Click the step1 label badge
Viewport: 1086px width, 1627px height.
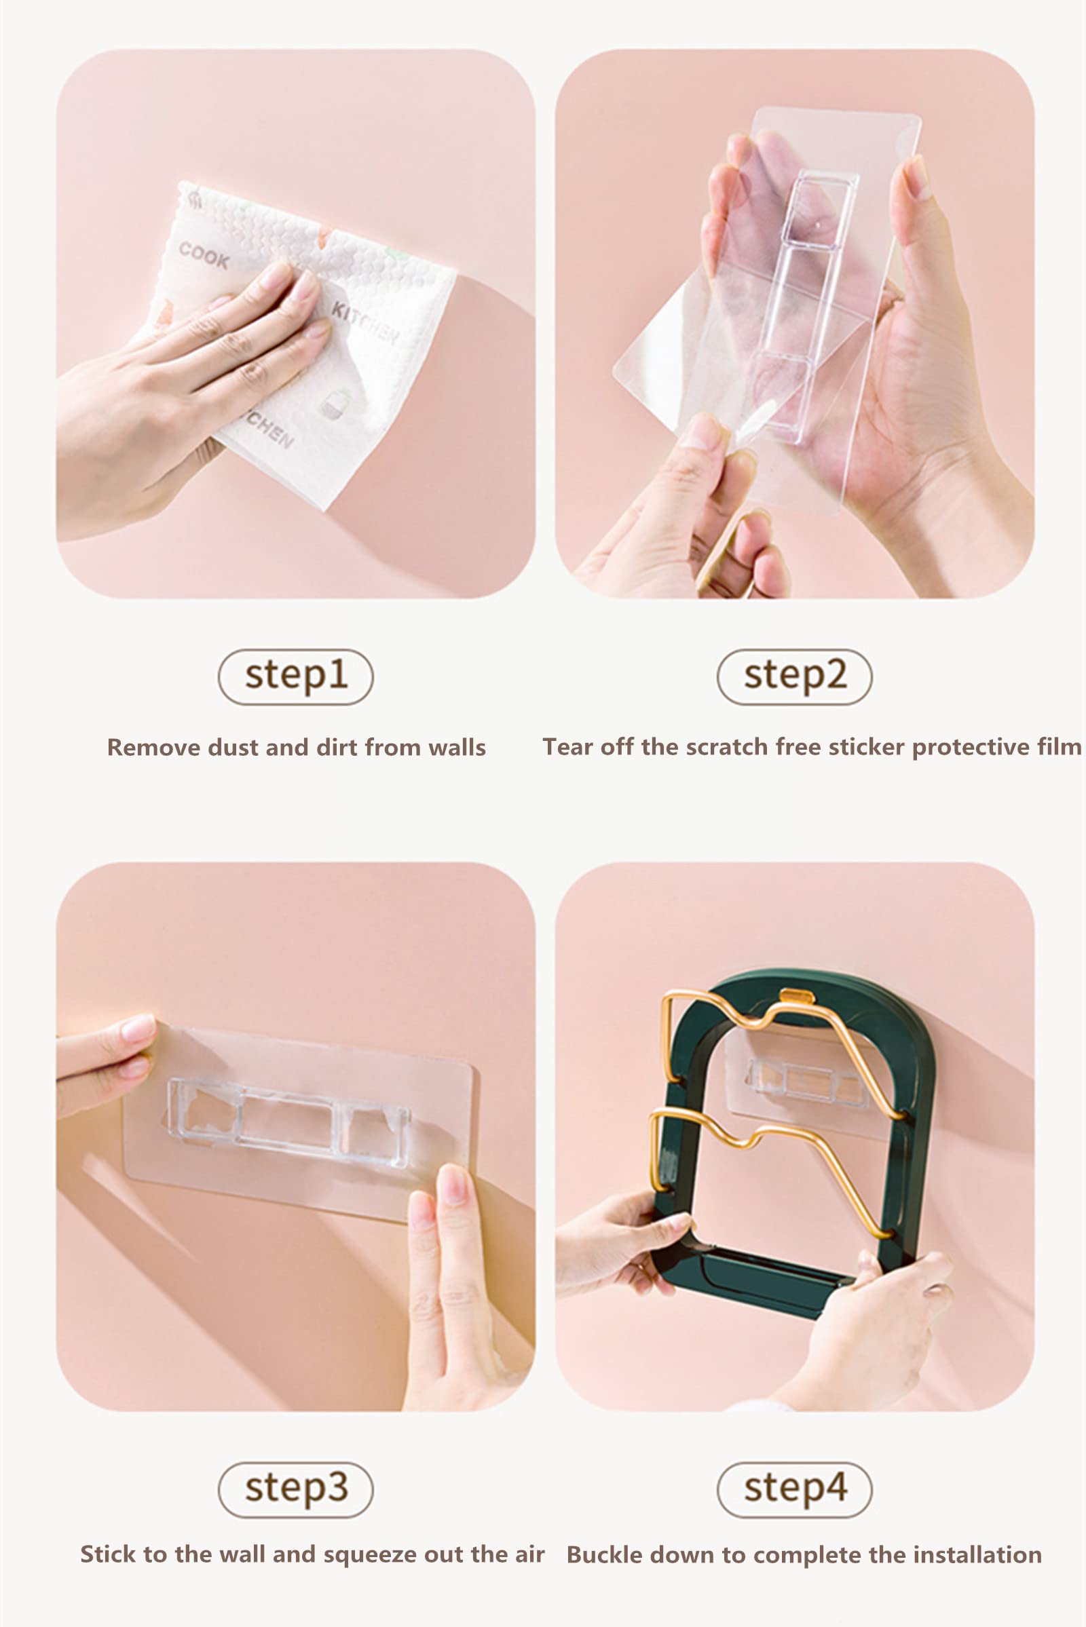296,676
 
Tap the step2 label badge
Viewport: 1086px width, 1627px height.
794,676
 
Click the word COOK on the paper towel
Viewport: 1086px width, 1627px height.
204,256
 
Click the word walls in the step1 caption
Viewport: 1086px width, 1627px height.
456,748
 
